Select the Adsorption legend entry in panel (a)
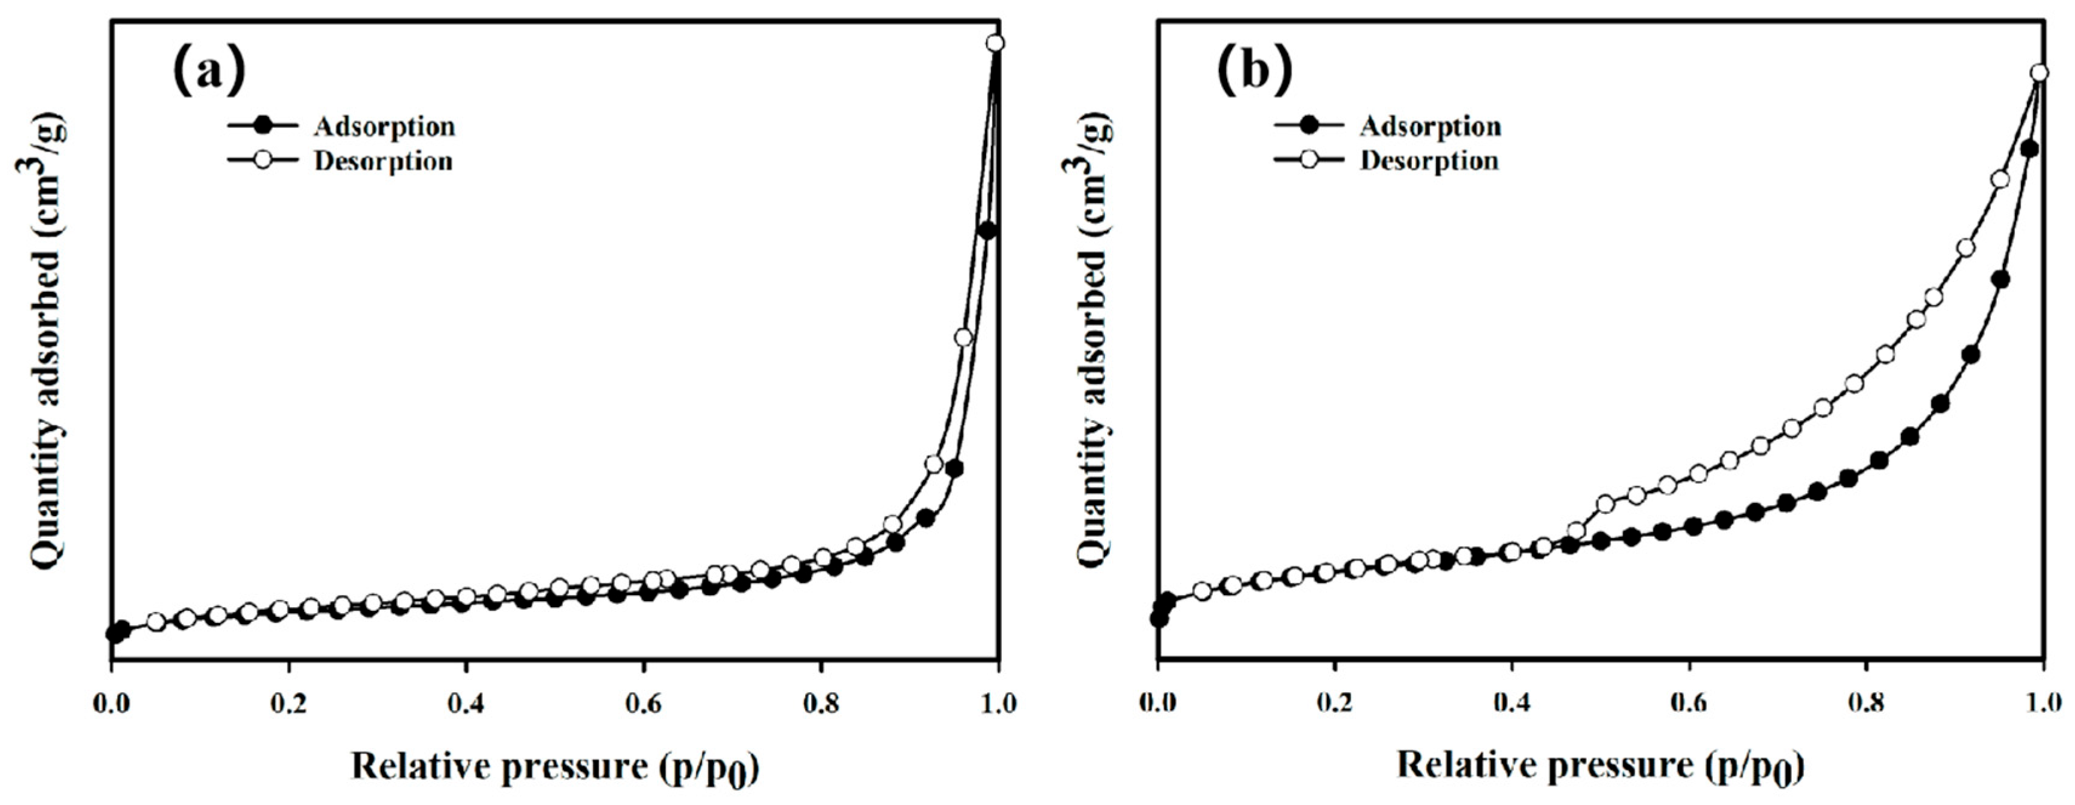click(x=384, y=127)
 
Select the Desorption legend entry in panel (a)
click(x=383, y=161)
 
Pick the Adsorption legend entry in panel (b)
click(x=1430, y=127)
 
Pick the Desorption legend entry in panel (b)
click(x=1428, y=161)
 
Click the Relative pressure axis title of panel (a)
click(x=555, y=766)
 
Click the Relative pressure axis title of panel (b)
click(x=1600, y=766)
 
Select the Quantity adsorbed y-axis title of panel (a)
click(x=46, y=339)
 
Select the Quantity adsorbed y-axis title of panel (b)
click(x=1092, y=339)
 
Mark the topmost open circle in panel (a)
click(x=996, y=42)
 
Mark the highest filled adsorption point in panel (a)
click(x=988, y=231)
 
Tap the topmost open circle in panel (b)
click(x=2039, y=73)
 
